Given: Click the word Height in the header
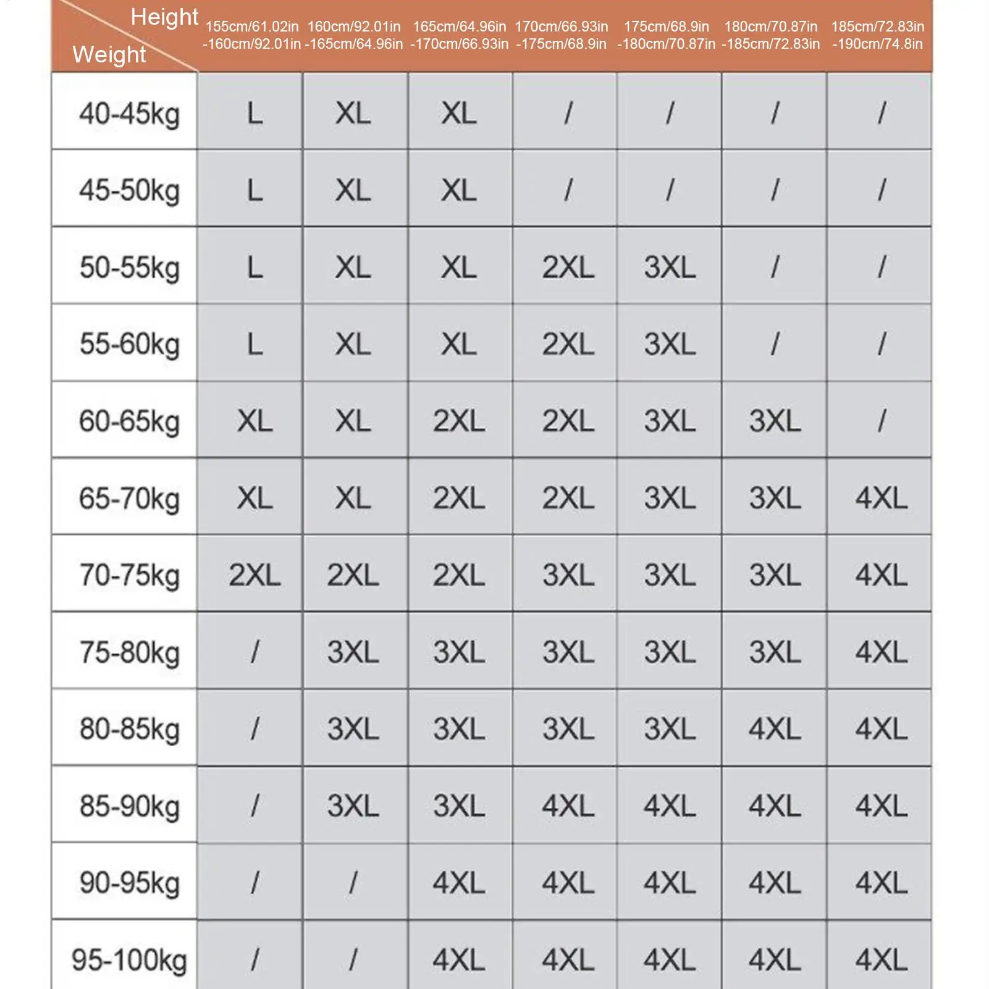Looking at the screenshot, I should (164, 17).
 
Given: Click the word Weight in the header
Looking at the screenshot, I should (109, 54).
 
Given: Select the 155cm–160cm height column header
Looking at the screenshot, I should (251, 35).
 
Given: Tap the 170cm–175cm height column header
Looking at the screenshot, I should (562, 35).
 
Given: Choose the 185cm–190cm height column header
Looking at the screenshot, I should (878, 35).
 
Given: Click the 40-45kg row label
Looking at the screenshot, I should (129, 114).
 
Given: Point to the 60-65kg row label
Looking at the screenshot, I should (129, 421).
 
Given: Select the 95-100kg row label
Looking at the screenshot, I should (129, 959).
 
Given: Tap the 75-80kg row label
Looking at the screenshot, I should (129, 652).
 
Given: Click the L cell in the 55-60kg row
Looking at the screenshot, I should (255, 344).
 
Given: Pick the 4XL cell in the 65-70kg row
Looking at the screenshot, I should (881, 498).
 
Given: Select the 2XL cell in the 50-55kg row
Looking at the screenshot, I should (568, 267).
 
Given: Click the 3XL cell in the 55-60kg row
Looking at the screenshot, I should (670, 344).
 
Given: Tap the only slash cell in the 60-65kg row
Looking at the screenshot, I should (881, 421).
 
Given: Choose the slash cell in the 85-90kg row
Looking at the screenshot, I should (255, 806).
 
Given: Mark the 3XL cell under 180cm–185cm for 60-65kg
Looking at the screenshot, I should (775, 421).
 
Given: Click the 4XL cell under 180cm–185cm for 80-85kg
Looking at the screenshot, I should (775, 729).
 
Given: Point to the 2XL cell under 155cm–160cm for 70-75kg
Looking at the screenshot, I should (255, 575).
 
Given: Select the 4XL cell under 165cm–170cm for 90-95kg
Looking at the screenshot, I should (458, 883).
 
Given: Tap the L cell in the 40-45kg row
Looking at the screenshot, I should (255, 114).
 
